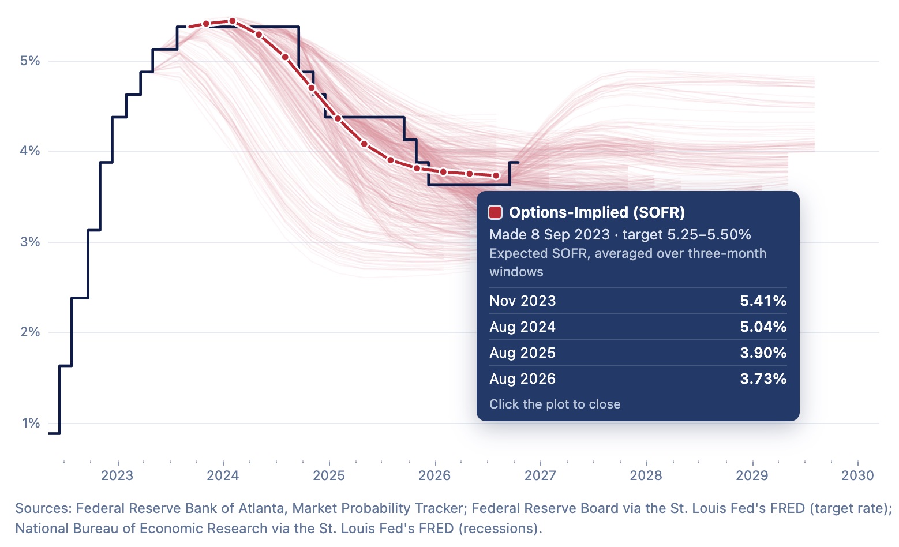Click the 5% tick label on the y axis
[30, 61]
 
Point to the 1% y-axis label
[31, 423]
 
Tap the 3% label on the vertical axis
[30, 242]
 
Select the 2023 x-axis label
[117, 475]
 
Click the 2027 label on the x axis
[540, 475]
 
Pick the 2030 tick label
[857, 475]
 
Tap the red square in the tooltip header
[495, 212]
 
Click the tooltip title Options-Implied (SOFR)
[597, 212]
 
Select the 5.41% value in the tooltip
[763, 301]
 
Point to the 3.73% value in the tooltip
[763, 379]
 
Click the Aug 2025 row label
[523, 353]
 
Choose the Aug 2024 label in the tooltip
[523, 327]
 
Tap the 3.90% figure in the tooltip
[763, 353]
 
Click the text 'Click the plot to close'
[555, 404]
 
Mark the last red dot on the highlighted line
[496, 175]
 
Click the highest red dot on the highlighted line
[233, 21]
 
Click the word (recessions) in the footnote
[500, 529]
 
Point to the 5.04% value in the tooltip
[763, 327]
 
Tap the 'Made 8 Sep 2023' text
[549, 234]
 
